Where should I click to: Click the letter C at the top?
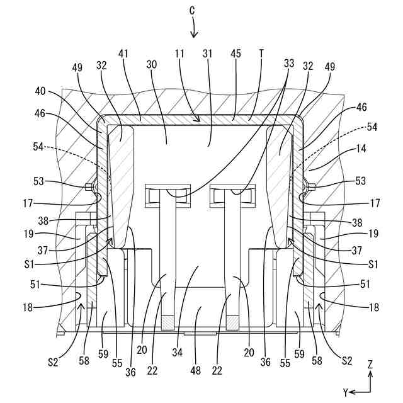tap(193, 10)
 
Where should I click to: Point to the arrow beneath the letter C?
tap(193, 28)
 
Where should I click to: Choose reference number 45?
tap(237, 55)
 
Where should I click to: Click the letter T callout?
tap(261, 55)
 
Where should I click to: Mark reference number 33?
tap(288, 64)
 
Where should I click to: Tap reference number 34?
tap(178, 354)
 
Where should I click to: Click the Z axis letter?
tap(371, 364)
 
